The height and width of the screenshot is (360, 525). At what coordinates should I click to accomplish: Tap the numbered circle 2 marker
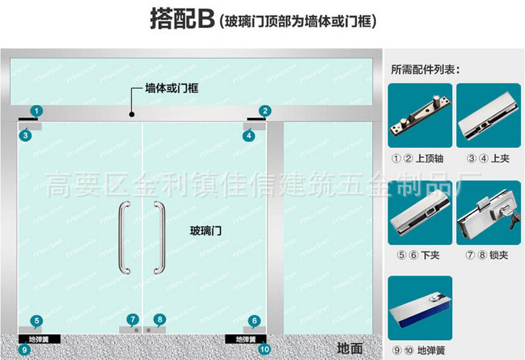click(x=265, y=110)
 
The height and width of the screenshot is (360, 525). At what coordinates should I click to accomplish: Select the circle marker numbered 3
click(x=26, y=135)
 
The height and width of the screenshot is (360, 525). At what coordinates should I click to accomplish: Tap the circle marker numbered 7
click(x=133, y=319)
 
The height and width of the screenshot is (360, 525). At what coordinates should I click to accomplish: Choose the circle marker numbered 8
click(x=159, y=319)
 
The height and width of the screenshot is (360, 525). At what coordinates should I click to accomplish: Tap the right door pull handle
click(x=161, y=238)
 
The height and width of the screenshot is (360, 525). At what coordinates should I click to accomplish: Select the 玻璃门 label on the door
click(x=206, y=231)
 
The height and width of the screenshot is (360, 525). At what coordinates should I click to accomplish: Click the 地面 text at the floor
click(x=349, y=348)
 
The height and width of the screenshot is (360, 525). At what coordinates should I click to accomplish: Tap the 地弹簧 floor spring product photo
click(x=419, y=308)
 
